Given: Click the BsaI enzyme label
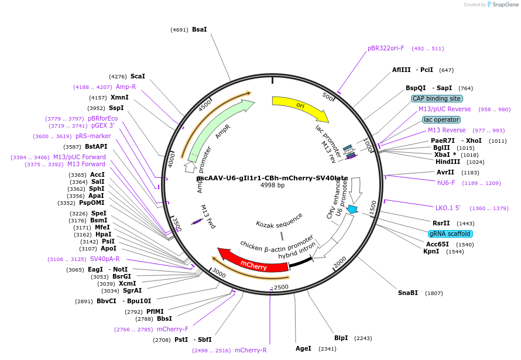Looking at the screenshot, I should pyautogui.click(x=199, y=29).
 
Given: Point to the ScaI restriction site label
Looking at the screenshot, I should pyautogui.click(x=138, y=76).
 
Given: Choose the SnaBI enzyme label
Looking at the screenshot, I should pyautogui.click(x=408, y=293).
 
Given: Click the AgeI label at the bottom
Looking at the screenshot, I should pyautogui.click(x=303, y=348).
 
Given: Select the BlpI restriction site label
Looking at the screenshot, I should pyautogui.click(x=341, y=338).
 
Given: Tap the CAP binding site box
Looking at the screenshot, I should pyautogui.click(x=437, y=98).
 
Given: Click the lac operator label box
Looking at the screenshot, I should pyautogui.click(x=441, y=119).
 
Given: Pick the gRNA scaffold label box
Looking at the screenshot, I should pyautogui.click(x=450, y=234).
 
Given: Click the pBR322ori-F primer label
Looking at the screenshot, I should pyautogui.click(x=386, y=48).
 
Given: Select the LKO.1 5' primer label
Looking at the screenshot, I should pyautogui.click(x=448, y=208).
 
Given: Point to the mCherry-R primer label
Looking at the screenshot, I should pyautogui.click(x=251, y=350).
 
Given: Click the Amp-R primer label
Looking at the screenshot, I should pyautogui.click(x=126, y=87).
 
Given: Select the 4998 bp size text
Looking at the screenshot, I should pyautogui.click(x=272, y=186).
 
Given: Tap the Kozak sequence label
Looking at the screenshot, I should pyautogui.click(x=279, y=223).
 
